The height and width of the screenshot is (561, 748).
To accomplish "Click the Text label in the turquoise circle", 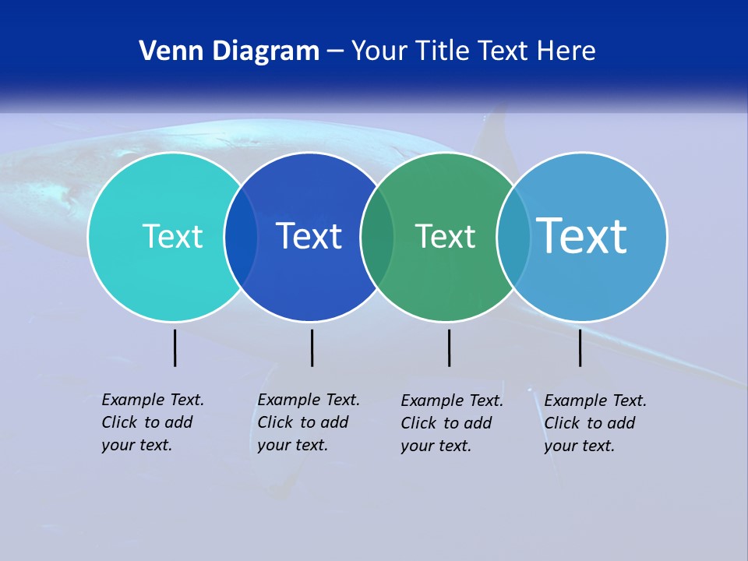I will [172, 236].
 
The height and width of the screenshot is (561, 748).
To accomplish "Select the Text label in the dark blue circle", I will [309, 236].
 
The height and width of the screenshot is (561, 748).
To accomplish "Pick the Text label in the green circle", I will [445, 236].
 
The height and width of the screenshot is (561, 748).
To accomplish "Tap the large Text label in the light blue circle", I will [582, 236].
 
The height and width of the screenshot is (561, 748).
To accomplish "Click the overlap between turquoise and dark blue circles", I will [241, 237].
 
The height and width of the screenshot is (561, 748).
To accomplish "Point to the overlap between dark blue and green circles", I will [377, 237].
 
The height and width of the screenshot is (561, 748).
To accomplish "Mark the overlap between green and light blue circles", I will [513, 237].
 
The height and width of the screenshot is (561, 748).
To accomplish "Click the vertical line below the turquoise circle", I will [175, 348].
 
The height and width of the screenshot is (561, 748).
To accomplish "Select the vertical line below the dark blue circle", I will [312, 348].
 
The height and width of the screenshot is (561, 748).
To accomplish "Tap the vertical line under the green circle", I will [449, 348].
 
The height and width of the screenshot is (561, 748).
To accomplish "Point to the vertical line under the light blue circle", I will [580, 348].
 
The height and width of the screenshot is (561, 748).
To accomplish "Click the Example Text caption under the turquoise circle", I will [152, 422].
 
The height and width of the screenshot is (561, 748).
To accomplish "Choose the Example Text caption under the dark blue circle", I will [308, 422].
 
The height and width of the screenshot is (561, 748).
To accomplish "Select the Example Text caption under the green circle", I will [451, 423].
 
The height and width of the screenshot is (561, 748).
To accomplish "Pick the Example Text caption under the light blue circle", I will [595, 423].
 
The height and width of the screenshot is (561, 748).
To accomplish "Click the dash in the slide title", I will [335, 52].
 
